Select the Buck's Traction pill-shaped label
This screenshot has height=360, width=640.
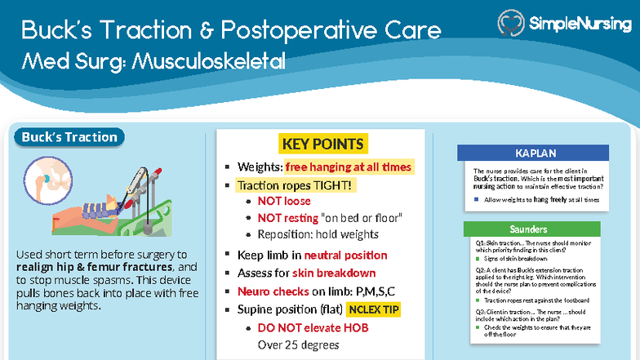coord(69,137)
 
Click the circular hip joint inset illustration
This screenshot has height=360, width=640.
coord(45,177)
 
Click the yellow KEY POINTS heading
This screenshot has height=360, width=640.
coord(322,144)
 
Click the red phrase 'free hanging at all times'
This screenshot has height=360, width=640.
coord(349,167)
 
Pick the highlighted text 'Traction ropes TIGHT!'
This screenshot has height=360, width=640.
coord(296,185)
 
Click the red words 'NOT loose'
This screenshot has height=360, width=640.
coord(284,201)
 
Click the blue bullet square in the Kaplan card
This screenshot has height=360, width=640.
coord(477,199)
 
